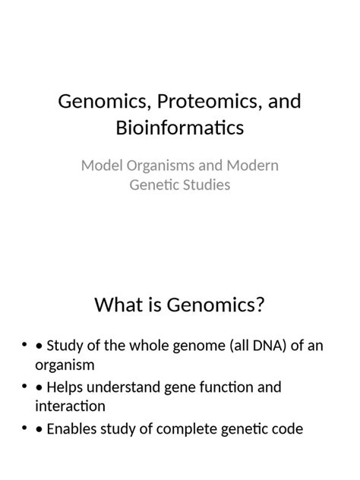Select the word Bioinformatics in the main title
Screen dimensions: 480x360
pyautogui.click(x=180, y=128)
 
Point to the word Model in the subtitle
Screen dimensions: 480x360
pyautogui.click(x=101, y=165)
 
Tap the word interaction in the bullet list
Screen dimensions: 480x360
pyautogui.click(x=68, y=406)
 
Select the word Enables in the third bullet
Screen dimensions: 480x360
pyautogui.click(x=73, y=429)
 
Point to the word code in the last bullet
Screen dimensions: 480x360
pyautogui.click(x=287, y=429)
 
